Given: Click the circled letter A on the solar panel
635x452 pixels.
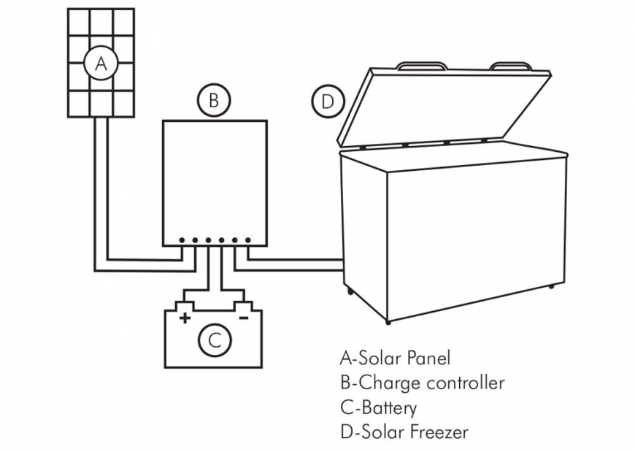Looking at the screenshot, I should point(101,64).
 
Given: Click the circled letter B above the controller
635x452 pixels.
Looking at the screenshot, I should point(213,101).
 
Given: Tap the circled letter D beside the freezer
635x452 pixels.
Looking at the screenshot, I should point(327,101).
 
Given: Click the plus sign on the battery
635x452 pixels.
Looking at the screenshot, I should point(185,318).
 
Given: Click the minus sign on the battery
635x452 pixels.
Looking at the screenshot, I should point(244,318).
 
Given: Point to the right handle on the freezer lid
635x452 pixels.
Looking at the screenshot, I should point(512,66).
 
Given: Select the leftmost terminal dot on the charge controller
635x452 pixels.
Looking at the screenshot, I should point(182,240).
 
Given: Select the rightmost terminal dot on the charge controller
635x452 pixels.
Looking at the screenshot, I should point(248,240).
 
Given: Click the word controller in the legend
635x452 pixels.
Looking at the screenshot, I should point(464,383).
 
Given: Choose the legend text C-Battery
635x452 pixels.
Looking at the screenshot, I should point(378,407).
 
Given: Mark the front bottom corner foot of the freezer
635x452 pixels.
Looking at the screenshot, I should point(388,321).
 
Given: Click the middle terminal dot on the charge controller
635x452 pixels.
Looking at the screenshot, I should point(208,240).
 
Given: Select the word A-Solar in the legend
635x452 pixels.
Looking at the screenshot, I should point(367,358).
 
